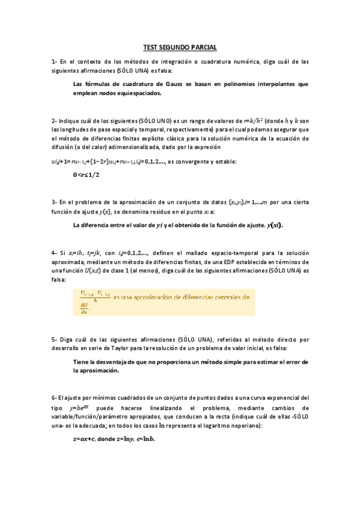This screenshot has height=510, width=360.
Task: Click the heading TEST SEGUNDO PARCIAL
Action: (x=180, y=47)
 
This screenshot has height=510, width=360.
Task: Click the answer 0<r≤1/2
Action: (x=86, y=174)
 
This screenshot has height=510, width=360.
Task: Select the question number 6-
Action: (x=54, y=398)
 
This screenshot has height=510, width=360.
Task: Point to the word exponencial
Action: (x=282, y=398)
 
